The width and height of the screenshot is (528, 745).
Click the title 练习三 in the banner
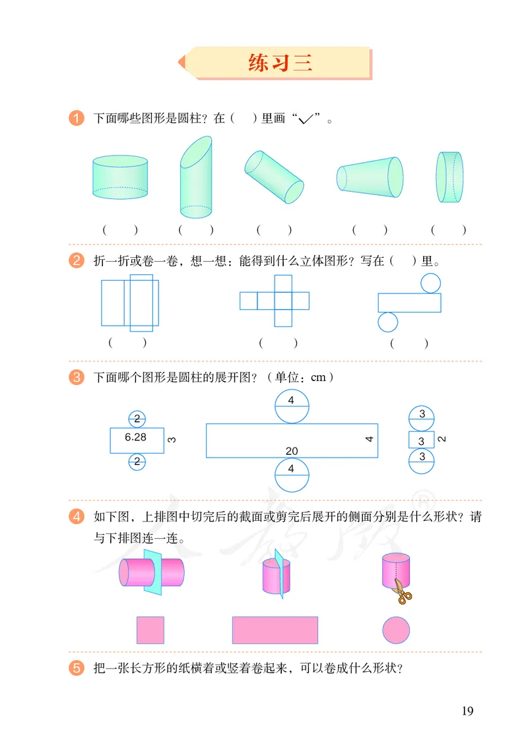click(x=280, y=63)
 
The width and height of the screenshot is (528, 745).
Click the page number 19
click(x=467, y=710)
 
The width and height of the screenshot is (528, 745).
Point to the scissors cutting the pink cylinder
click(x=401, y=591)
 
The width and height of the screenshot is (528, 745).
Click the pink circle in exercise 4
click(x=396, y=630)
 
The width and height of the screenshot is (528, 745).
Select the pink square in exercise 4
click(x=150, y=630)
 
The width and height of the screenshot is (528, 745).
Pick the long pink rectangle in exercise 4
click(x=275, y=630)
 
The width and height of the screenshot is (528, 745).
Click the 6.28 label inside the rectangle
click(x=136, y=436)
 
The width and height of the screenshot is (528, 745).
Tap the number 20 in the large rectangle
click(x=292, y=451)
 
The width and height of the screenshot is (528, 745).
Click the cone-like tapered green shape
click(x=370, y=177)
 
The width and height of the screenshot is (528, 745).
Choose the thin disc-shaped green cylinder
click(x=449, y=177)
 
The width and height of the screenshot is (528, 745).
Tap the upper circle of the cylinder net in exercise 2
click(x=431, y=283)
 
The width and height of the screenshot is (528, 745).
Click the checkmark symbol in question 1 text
click(x=305, y=119)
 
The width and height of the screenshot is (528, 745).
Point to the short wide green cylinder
click(x=120, y=177)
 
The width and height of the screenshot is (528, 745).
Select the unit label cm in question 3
click(x=319, y=377)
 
